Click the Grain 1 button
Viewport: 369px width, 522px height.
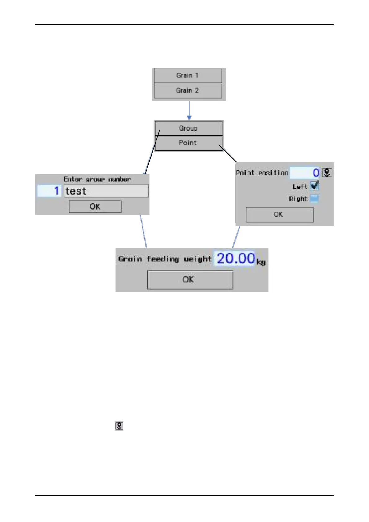(x=188, y=76)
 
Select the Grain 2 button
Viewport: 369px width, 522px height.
(x=188, y=91)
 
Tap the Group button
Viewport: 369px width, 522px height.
(x=188, y=128)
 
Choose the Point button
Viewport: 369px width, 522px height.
(x=188, y=143)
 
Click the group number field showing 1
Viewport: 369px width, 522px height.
(x=50, y=191)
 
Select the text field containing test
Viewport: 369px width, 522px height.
(x=106, y=191)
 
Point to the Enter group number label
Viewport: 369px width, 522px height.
(x=97, y=179)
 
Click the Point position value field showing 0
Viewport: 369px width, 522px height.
(x=305, y=173)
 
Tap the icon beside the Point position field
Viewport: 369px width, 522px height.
(x=327, y=173)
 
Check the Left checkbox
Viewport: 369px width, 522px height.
(x=314, y=186)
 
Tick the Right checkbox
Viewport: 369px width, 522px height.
(x=314, y=199)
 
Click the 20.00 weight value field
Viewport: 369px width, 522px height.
(x=235, y=259)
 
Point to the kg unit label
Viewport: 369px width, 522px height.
(x=261, y=262)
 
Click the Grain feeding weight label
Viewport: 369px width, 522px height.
(x=165, y=259)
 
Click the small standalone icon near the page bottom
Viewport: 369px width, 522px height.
(x=119, y=426)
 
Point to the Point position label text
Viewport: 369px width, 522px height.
(x=262, y=173)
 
